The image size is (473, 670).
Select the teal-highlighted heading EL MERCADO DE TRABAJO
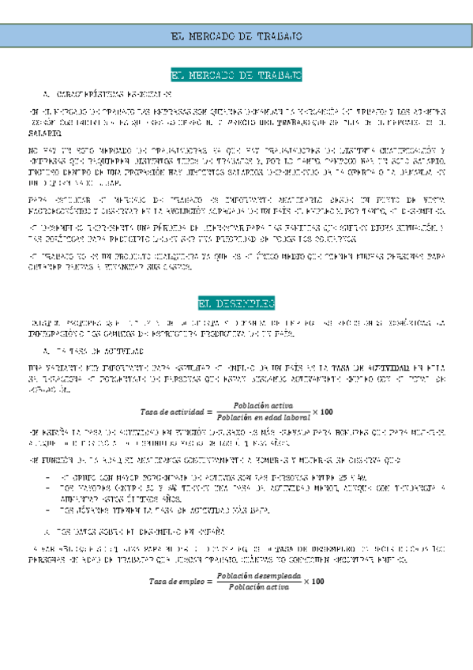point(237,75)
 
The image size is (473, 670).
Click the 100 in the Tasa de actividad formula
point(327,412)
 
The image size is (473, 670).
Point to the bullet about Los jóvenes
point(158,511)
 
